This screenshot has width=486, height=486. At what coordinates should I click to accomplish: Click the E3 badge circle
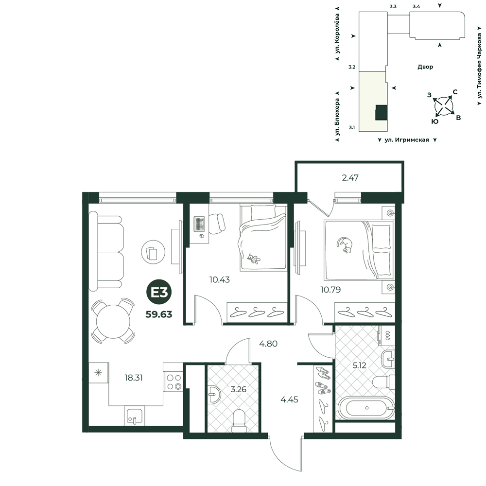point(159,292)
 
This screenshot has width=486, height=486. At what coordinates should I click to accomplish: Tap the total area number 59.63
point(159,314)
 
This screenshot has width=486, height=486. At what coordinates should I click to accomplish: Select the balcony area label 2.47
point(350,177)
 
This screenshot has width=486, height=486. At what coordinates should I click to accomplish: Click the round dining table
point(113,321)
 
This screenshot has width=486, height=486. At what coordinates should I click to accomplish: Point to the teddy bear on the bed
point(254,259)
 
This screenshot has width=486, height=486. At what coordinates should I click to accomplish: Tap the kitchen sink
point(135,416)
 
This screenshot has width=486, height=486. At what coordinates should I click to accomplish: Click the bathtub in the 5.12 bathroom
point(366,408)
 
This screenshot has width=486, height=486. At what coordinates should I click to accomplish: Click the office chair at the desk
point(217,223)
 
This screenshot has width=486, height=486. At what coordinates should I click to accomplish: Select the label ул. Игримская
point(407,140)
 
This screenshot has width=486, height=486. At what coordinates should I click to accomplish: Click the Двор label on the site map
point(425,67)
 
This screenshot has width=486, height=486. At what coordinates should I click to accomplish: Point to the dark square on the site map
point(381,113)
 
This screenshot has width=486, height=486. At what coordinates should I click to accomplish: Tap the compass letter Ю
point(435,121)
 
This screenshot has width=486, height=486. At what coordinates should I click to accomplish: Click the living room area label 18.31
point(134,378)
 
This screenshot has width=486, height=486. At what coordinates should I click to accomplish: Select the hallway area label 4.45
point(289,399)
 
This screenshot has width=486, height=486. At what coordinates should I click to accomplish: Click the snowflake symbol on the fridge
point(98,372)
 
